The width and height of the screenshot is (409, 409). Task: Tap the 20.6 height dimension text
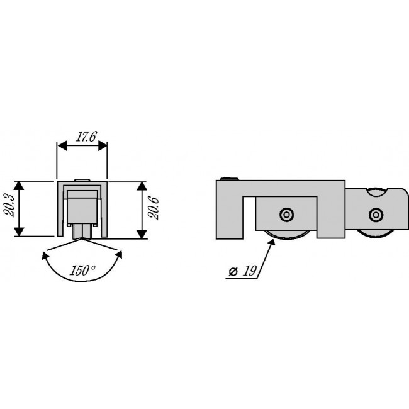click(152, 208)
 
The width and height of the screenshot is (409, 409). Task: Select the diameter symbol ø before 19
click(233, 272)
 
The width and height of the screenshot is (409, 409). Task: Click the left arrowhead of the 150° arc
click(45, 254)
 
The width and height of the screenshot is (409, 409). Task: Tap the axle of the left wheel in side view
click(286, 215)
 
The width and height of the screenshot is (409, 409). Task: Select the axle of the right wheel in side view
click(376, 215)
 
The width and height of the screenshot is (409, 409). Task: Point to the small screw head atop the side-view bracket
click(233, 179)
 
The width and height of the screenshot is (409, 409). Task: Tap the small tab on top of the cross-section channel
click(81, 180)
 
